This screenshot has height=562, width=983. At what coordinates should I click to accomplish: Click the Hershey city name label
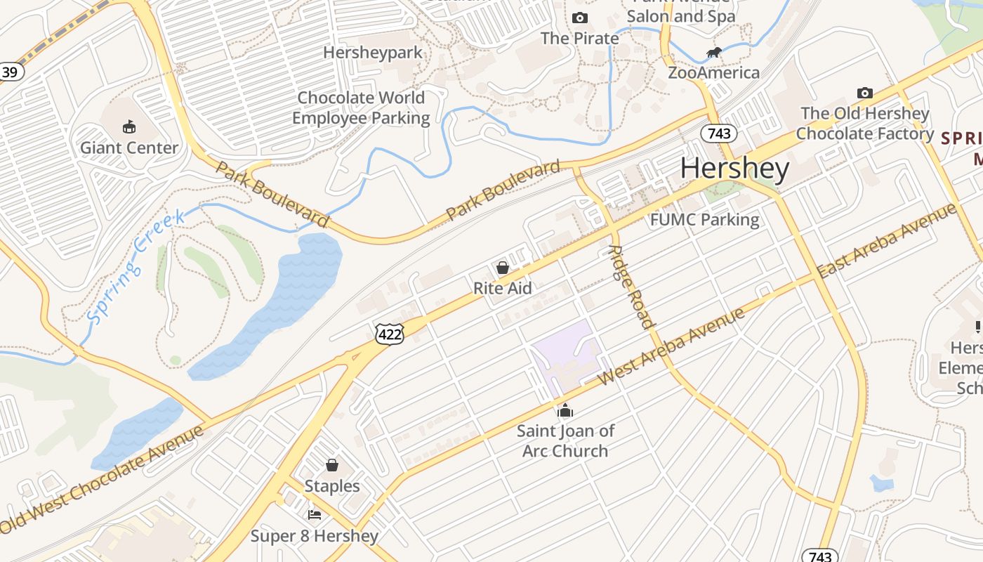click(x=734, y=169)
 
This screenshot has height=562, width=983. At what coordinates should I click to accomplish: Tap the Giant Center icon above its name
click(x=129, y=127)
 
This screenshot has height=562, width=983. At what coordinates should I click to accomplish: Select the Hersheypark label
click(x=373, y=53)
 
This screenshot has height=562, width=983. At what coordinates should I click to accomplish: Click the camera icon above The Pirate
click(x=580, y=18)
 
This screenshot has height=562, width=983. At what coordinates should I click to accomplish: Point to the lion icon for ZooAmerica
click(x=714, y=53)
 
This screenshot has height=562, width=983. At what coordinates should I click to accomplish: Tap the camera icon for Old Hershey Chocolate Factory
click(x=865, y=93)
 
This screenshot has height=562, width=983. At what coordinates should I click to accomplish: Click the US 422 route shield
click(x=390, y=334)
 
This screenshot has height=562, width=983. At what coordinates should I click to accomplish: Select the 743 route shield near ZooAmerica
click(x=718, y=133)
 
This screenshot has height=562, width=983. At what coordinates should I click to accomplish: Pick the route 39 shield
click(x=10, y=72)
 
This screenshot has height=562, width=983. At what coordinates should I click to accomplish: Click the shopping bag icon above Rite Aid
click(x=503, y=268)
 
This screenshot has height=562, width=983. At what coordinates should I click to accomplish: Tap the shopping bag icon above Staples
click(x=332, y=465)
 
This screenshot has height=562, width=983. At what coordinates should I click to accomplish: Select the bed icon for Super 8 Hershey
click(x=315, y=515)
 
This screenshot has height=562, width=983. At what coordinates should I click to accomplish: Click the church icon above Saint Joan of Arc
click(x=565, y=411)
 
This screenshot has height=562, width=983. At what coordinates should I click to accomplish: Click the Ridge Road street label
click(x=632, y=287)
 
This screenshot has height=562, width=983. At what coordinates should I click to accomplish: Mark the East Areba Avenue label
click(x=888, y=240)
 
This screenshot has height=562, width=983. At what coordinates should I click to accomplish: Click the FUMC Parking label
click(x=704, y=220)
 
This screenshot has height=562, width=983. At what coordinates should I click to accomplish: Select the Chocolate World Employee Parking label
click(x=361, y=107)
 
